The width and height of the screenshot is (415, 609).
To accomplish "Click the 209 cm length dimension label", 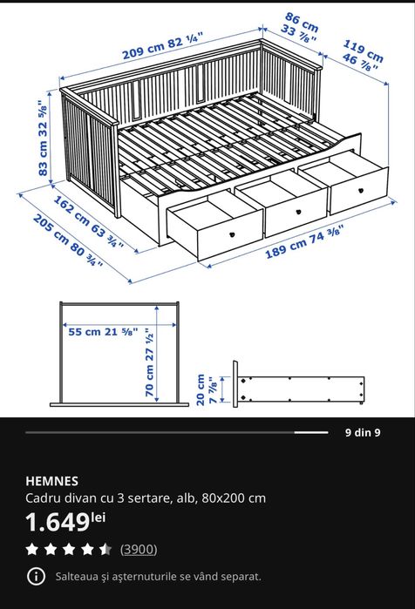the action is pyautogui.click(x=163, y=46).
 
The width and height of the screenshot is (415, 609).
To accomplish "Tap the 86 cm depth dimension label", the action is pyautogui.click(x=300, y=27).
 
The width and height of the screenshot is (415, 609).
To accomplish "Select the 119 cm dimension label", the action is pyautogui.click(x=362, y=57).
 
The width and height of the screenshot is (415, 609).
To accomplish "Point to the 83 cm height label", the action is pyautogui.click(x=43, y=138).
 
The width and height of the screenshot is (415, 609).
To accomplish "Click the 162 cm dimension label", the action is pyautogui.click(x=89, y=222).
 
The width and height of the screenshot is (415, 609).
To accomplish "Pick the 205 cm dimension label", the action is pyautogui.click(x=68, y=240).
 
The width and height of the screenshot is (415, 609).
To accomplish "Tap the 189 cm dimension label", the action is pyautogui.click(x=304, y=241).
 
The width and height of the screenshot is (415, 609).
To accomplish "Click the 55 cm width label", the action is pyautogui.click(x=103, y=332).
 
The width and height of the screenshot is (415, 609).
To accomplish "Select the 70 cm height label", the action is pyautogui.click(x=150, y=362).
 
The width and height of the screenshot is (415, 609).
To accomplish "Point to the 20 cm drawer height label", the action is pyautogui.click(x=207, y=389).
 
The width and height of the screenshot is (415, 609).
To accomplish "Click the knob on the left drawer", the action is pyautogui.click(x=233, y=234).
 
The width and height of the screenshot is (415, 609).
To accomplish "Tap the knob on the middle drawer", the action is pyautogui.click(x=298, y=212).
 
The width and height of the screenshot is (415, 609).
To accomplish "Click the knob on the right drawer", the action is pyautogui.click(x=360, y=191).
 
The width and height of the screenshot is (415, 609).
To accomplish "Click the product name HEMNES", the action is pyautogui.click(x=52, y=481).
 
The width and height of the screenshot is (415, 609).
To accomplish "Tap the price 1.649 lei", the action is pyautogui.click(x=65, y=522).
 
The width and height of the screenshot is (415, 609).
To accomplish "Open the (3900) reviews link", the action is pyautogui.click(x=139, y=549).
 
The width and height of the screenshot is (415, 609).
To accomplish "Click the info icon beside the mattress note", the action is pyautogui.click(x=36, y=576).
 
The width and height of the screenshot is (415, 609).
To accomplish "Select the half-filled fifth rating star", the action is pyautogui.click(x=105, y=549).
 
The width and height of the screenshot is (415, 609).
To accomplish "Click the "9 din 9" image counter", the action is pyautogui.click(x=363, y=432).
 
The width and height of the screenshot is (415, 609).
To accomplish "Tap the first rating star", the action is pyautogui.click(x=32, y=549).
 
